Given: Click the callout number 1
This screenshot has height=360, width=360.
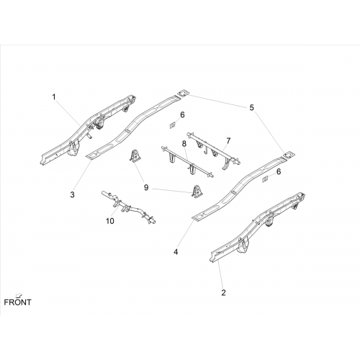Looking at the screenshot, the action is pos(54,97).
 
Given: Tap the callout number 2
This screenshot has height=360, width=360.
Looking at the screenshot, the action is pos(223,292).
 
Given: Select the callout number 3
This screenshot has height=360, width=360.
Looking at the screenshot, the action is pos(72,194).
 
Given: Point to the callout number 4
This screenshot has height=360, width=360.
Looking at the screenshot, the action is pos(176,252).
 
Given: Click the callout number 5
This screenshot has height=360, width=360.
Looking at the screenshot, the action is pos(251,108).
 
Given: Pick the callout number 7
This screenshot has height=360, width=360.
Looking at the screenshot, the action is pos(228,141).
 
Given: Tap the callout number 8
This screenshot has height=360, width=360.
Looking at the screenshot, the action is pos(184,144).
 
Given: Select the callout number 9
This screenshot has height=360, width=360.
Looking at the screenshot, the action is pos(146,187).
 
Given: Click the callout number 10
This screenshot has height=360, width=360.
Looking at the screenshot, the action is pos(110,221).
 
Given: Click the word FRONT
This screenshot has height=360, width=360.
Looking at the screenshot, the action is pos(17,302).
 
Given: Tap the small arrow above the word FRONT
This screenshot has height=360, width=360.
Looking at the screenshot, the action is pos(18,295).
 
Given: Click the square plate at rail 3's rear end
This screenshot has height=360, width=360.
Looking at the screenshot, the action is pos(183,94).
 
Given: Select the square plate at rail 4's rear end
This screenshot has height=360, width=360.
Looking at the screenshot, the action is pos(289,155).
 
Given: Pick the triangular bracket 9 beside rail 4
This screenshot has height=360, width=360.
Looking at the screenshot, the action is pos(197,192).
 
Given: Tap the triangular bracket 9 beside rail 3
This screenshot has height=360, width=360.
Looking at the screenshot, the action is pos(135,156).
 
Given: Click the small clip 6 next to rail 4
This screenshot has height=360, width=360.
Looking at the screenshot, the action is pos(265,179).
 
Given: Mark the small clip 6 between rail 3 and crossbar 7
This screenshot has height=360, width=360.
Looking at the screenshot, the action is pos(172,125).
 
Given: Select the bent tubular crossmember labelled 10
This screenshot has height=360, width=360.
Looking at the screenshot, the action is pos(128,207).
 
